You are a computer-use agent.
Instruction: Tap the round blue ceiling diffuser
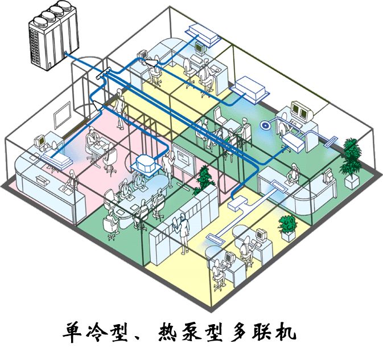[265, 124]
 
